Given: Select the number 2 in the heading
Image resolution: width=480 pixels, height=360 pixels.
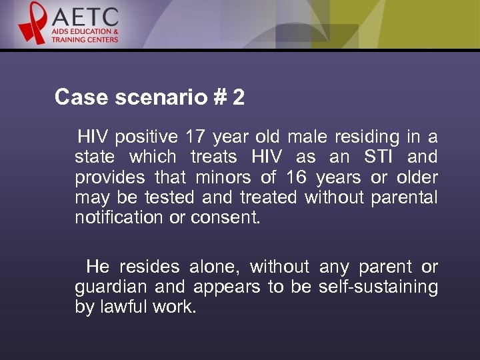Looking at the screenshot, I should [x=238, y=98].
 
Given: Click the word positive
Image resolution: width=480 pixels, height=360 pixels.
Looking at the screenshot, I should [x=146, y=138].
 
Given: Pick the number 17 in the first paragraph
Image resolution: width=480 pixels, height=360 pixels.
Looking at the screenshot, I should [x=195, y=137].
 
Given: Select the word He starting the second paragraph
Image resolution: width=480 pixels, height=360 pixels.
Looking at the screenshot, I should [x=97, y=267].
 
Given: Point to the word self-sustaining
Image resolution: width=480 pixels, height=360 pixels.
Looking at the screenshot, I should [x=378, y=287].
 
